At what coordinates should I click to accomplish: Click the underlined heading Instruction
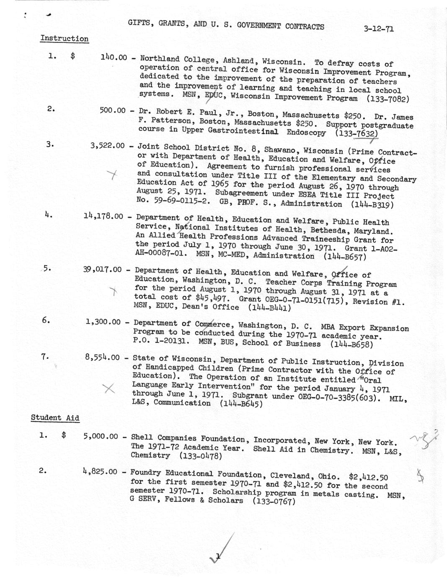[x=64, y=39]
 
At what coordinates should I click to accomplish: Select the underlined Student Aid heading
[x=55, y=417]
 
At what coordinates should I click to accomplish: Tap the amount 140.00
[x=114, y=57]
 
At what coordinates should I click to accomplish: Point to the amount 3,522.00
[x=107, y=146]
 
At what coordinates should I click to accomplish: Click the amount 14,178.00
[x=103, y=216]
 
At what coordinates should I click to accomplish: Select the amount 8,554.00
[x=102, y=357]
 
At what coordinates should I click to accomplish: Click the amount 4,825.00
[x=100, y=472]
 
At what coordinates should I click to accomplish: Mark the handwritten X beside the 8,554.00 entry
[x=109, y=388]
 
